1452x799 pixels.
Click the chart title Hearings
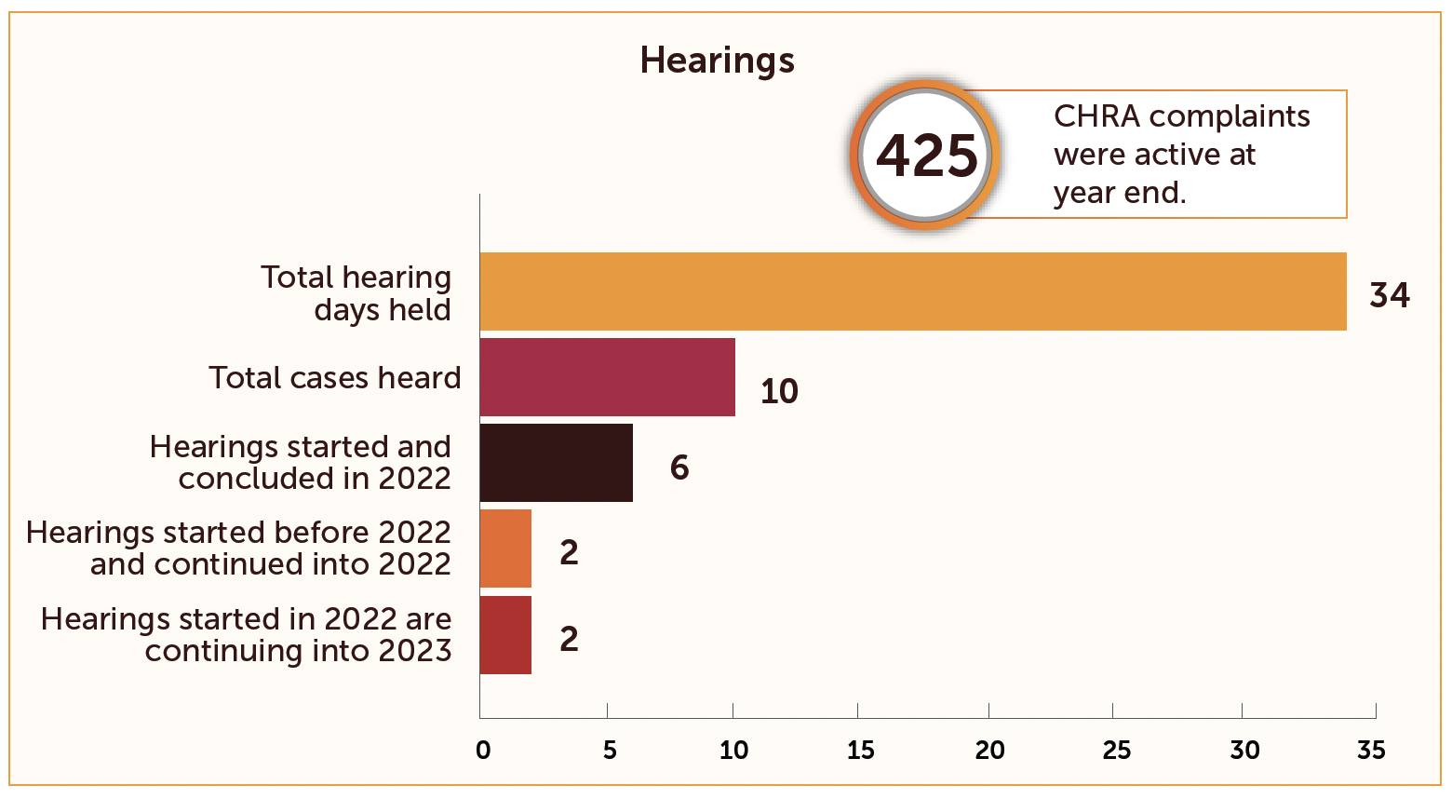[x=717, y=61]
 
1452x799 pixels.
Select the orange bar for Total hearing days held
[x=912, y=291]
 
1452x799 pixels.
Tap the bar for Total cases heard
[x=607, y=377]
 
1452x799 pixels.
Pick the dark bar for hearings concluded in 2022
[x=556, y=463]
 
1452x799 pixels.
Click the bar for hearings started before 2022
[x=505, y=548]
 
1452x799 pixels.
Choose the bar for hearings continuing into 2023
[x=505, y=635]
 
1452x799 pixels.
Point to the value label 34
[x=1390, y=295]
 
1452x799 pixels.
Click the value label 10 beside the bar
[x=779, y=392]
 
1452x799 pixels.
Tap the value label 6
[x=679, y=467]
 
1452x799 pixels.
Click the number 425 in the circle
[x=927, y=156]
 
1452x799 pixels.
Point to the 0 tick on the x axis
[x=483, y=750]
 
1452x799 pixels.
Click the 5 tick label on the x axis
[x=610, y=750]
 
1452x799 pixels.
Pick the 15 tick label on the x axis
[x=861, y=750]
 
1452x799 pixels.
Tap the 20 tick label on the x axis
[x=989, y=750]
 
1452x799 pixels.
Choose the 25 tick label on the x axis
[x=1116, y=750]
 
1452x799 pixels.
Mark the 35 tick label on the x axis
[x=1371, y=750]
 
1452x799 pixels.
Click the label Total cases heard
[x=334, y=378]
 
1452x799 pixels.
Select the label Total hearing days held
[x=356, y=293]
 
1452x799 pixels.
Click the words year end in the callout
[x=1119, y=193]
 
